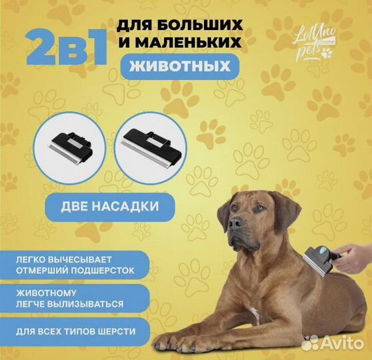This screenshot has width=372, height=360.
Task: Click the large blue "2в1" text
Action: click(67, 48)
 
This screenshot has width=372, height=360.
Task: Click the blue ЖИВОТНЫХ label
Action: click(180, 67)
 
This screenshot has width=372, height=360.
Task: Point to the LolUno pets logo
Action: click(315, 45)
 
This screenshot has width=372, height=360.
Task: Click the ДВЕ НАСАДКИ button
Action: click(110, 207)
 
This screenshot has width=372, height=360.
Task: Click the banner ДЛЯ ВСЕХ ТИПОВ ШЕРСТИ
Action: click(75, 331)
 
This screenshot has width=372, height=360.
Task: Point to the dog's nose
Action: click(235, 223)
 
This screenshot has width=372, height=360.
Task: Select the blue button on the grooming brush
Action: click(323, 251)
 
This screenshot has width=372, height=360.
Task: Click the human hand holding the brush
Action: click(354, 257)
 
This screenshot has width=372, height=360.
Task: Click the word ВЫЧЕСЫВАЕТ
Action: click(79, 259)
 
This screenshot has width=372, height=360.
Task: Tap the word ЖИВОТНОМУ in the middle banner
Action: click(46, 293)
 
